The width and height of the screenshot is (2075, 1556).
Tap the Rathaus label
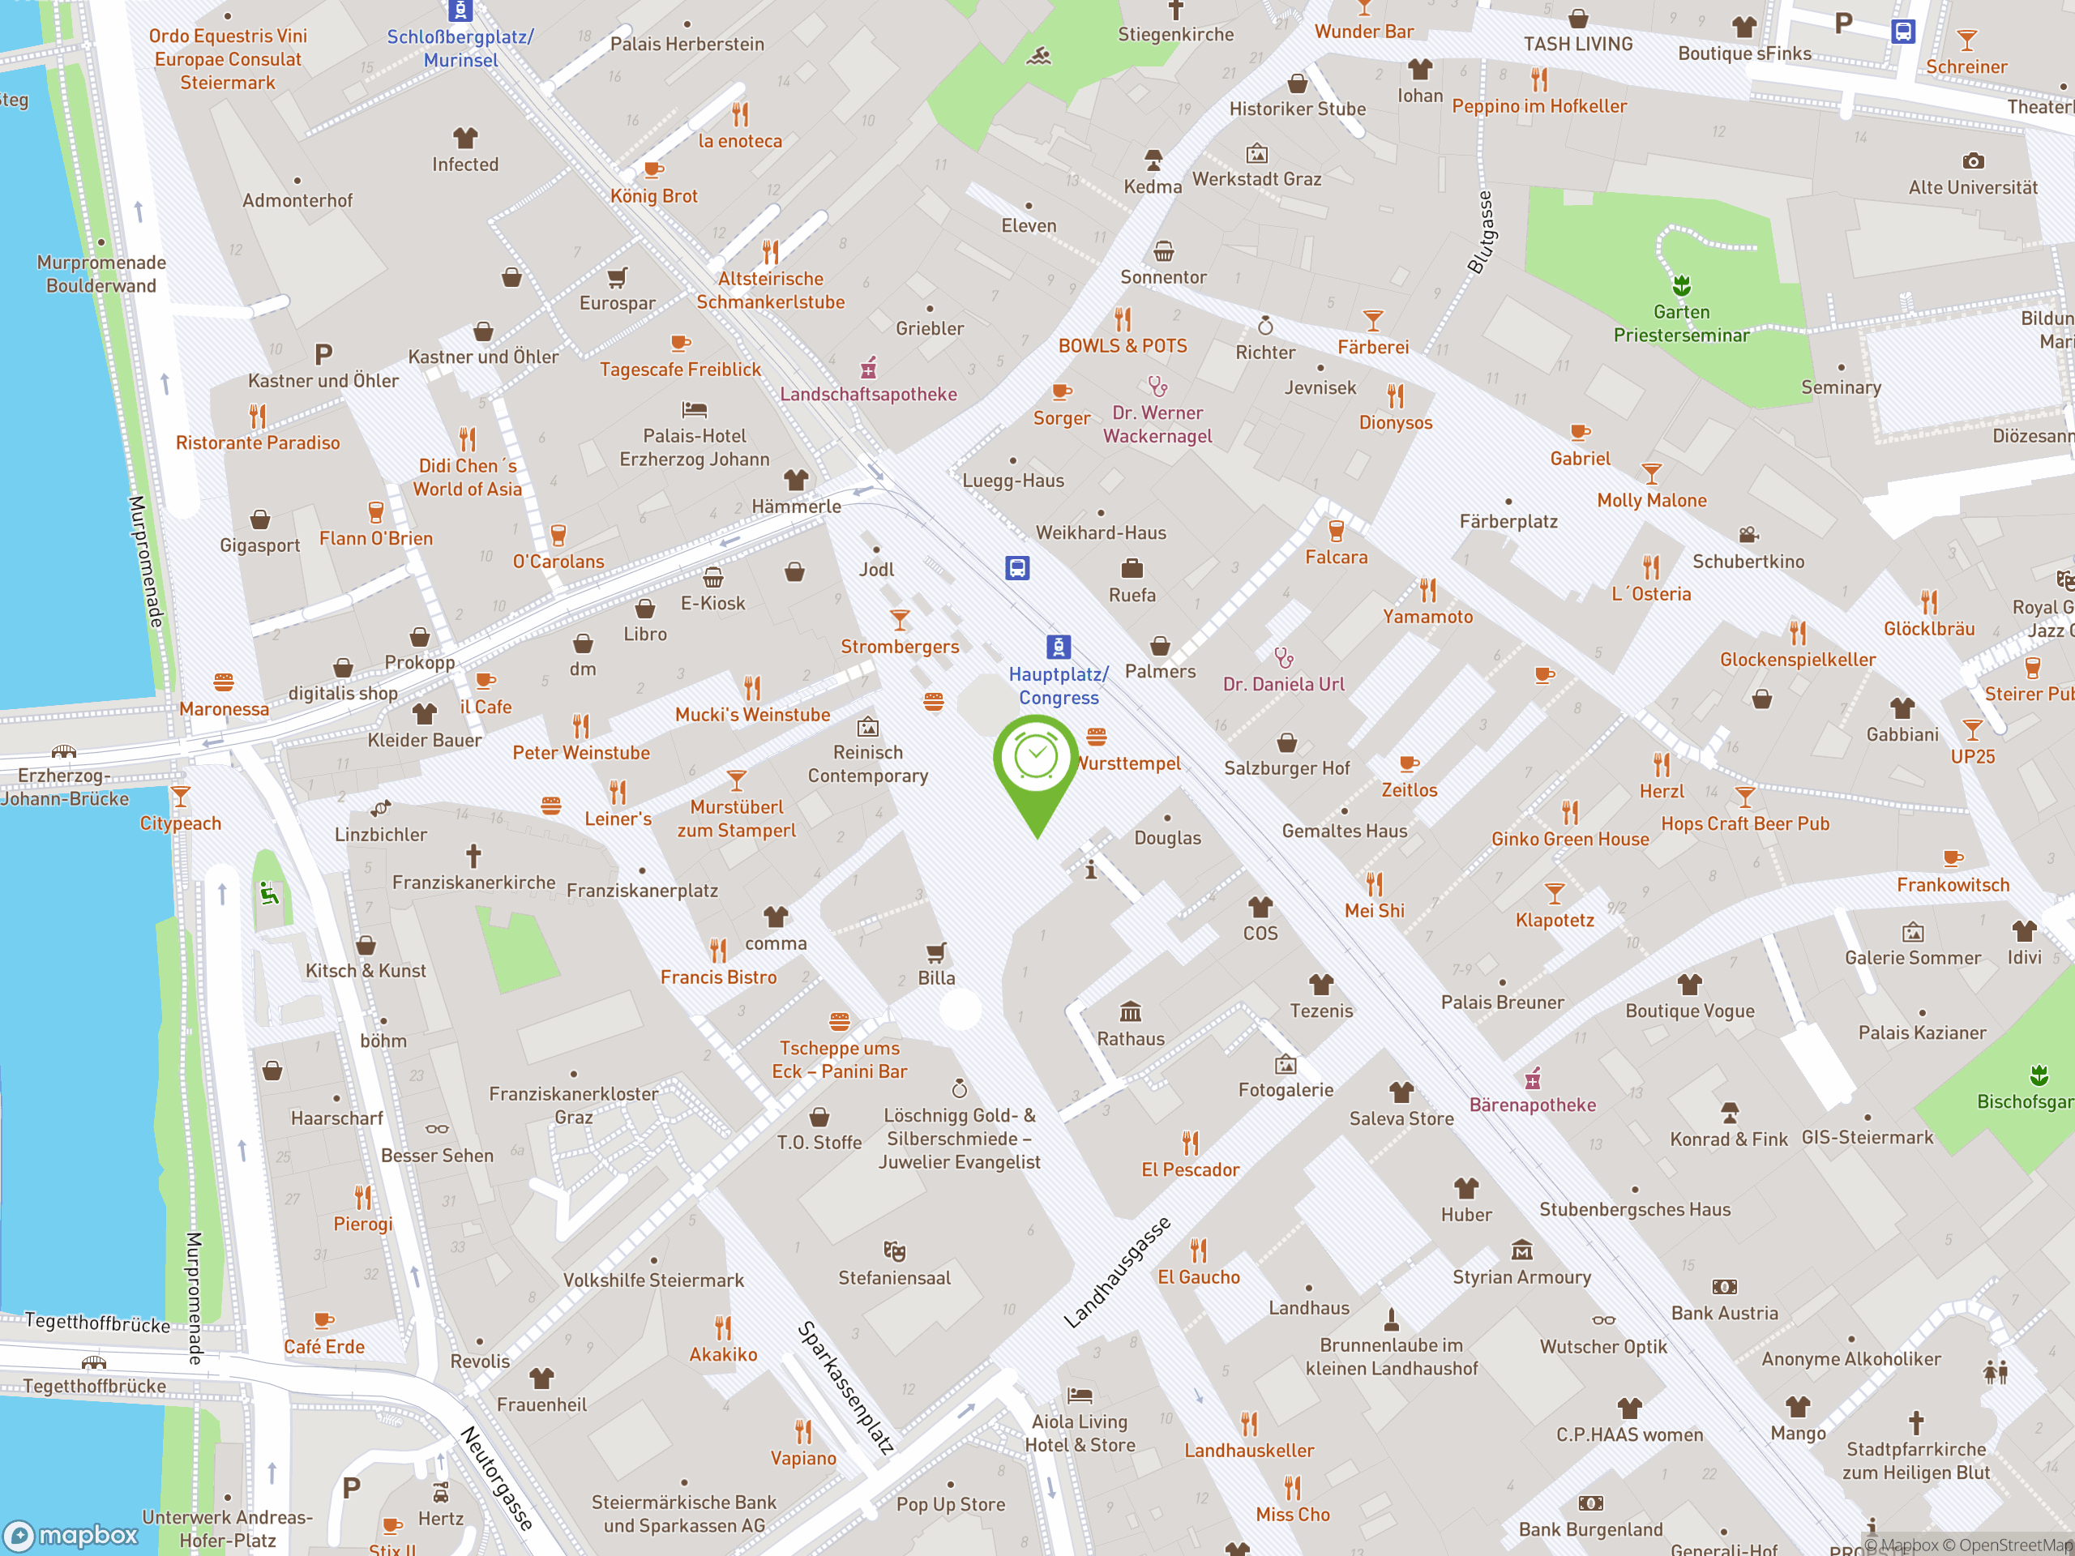pos(1131,1038)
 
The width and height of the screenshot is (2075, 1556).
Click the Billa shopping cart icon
pos(935,953)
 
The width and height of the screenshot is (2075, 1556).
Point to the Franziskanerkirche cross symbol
pos(473,855)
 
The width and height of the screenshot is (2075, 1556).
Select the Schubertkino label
pos(1748,561)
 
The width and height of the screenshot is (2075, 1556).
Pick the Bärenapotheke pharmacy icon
pos(1533,1079)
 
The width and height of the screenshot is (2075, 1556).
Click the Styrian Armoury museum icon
pos(1521,1250)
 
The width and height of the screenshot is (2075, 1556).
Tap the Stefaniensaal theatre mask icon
pos(894,1250)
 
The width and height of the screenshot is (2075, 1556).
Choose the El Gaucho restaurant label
pos(1198,1276)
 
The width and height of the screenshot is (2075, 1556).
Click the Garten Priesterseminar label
pos(1681,323)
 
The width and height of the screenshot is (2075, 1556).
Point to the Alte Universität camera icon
pos(1973,161)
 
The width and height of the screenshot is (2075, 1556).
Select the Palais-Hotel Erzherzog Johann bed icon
pos(694,410)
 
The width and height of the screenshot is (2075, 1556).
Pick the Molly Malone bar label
pos(1651,500)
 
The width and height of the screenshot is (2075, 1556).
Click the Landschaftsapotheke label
pos(868,394)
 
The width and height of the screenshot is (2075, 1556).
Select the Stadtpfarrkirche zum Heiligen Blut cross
pos(1915,1422)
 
